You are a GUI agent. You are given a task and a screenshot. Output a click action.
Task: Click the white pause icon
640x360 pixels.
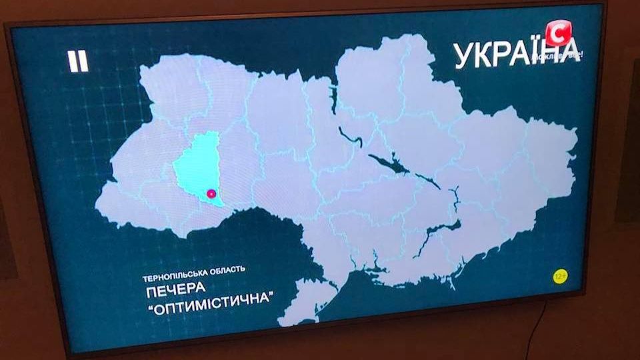pos(78,61)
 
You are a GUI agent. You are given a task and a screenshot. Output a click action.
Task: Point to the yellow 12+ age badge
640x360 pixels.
pos(559,275)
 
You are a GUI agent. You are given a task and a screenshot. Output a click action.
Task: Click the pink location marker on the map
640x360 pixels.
pos(211,194)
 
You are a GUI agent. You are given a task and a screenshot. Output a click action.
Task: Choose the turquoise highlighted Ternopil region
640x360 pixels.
pos(195,167)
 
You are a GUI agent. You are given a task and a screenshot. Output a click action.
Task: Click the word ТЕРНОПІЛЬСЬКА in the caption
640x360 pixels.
pos(175,270)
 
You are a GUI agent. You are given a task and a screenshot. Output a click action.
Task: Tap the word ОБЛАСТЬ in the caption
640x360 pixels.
pos(227,269)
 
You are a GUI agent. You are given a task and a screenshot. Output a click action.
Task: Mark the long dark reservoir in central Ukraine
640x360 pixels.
pos(389,163)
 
